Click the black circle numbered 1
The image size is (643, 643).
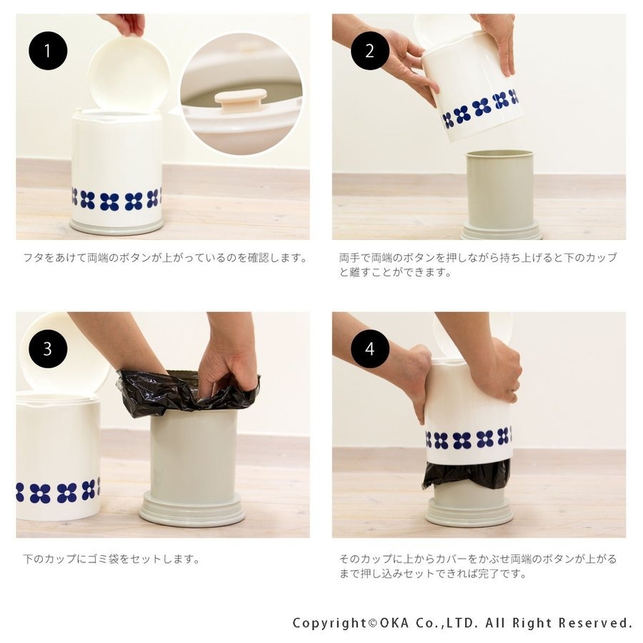(48, 51)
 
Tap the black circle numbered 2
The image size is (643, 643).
(370, 51)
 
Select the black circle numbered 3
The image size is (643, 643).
(48, 349)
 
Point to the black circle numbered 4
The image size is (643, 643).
(370, 349)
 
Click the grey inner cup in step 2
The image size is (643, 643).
(500, 191)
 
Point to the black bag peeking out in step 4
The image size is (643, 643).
(467, 474)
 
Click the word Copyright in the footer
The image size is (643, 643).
(329, 623)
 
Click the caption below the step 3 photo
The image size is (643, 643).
(111, 559)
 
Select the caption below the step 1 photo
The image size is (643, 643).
(165, 258)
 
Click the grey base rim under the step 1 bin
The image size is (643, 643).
(116, 226)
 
